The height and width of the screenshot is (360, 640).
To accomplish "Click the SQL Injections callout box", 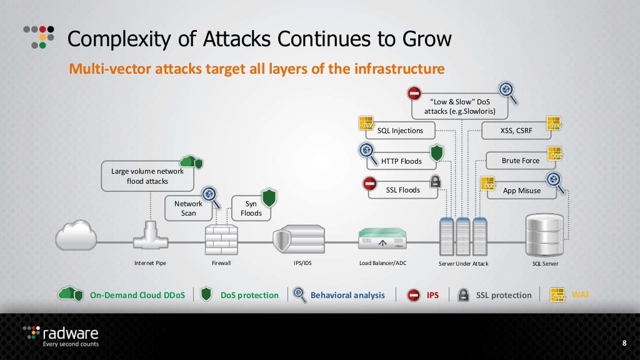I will pyautogui.click(x=400, y=131).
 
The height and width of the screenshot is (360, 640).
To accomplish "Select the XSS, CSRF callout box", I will pyautogui.click(x=516, y=131).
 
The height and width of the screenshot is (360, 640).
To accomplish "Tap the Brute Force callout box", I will pyautogui.click(x=521, y=161).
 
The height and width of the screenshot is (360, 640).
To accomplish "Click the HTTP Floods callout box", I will pyautogui.click(x=401, y=161).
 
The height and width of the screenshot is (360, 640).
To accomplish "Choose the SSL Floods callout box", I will pyautogui.click(x=402, y=190).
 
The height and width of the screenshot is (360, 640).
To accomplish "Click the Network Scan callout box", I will pyautogui.click(x=188, y=208).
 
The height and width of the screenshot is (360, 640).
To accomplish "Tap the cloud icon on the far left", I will pyautogui.click(x=76, y=236).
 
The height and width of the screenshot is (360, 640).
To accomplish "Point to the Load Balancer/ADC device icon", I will pyautogui.click(x=383, y=237).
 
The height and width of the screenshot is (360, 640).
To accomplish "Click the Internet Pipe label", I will pyautogui.click(x=151, y=264).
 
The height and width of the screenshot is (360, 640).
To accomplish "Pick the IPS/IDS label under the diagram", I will pyautogui.click(x=302, y=264).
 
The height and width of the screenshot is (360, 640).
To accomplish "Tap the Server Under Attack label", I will pyautogui.click(x=464, y=264).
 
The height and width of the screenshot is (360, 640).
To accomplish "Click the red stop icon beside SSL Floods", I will pyautogui.click(x=369, y=183).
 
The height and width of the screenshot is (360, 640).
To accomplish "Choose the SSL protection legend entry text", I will pyautogui.click(x=504, y=295).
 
